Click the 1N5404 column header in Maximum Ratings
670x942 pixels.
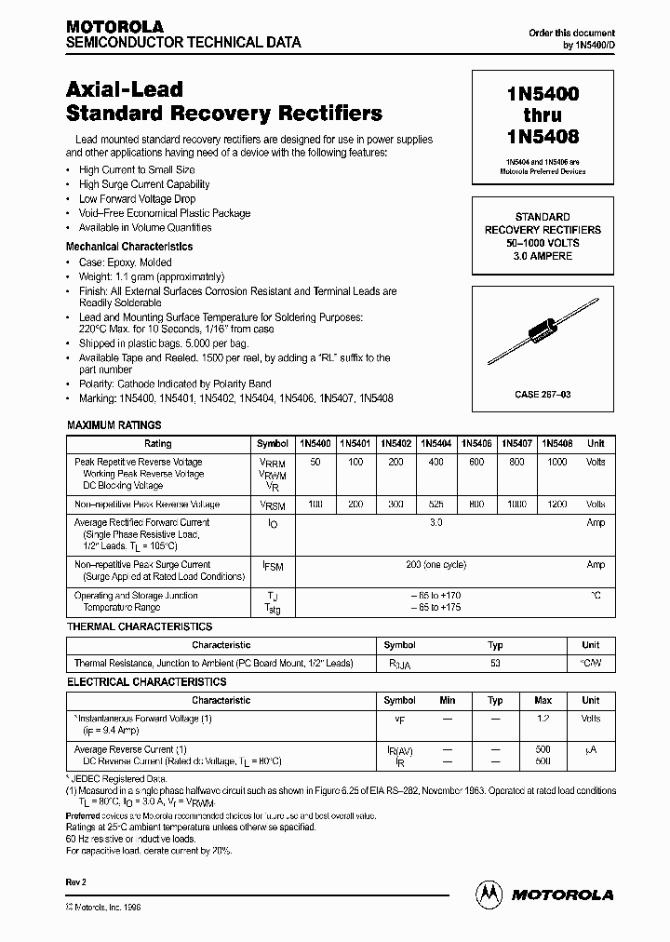coord(435,444)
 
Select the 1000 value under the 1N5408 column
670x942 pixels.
coord(556,462)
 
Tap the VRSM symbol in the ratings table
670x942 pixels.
coord(271,504)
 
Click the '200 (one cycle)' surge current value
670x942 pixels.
coord(435,565)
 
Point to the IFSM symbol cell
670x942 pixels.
coord(271,565)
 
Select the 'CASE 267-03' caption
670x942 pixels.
coord(543,395)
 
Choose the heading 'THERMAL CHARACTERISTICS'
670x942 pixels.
coord(140,626)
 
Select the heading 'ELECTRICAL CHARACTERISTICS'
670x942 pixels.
coord(146,681)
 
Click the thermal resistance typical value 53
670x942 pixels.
coord(495,664)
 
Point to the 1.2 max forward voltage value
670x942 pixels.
coord(543,719)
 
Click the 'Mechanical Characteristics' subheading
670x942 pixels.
coord(129,247)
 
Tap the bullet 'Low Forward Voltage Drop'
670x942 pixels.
coord(137,199)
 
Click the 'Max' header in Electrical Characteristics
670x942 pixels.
coord(543,700)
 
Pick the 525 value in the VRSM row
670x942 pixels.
coord(435,504)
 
